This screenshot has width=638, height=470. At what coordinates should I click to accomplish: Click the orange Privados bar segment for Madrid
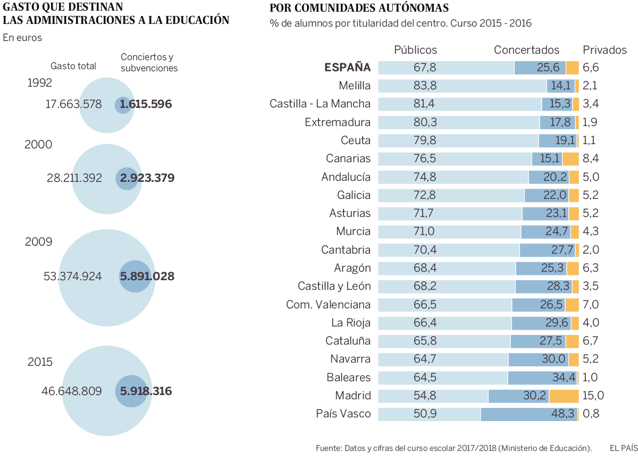[x=564, y=396]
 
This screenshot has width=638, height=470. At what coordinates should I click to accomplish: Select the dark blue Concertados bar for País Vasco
[x=529, y=414]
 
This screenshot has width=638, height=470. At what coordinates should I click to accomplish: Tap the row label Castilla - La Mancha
[x=320, y=104]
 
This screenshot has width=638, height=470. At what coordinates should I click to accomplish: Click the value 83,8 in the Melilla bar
[x=424, y=86]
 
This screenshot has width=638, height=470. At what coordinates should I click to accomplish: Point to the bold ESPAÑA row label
[x=347, y=68]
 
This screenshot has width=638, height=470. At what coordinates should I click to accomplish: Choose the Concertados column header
[x=526, y=50]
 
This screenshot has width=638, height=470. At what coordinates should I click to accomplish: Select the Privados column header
[x=605, y=50]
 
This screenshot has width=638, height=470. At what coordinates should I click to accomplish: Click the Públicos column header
[x=415, y=50]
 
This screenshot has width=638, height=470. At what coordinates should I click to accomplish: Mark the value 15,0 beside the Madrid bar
[x=593, y=396]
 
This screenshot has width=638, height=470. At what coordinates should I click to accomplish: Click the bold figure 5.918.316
[x=146, y=391]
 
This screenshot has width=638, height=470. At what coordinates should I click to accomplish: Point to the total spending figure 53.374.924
[x=72, y=276]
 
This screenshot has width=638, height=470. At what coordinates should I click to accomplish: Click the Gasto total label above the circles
[x=73, y=66]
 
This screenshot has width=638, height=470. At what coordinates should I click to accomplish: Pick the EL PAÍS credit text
[x=623, y=448]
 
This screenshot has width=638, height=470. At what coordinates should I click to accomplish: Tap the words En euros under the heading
[x=22, y=38]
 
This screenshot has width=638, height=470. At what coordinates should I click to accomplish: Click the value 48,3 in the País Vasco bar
[x=564, y=414]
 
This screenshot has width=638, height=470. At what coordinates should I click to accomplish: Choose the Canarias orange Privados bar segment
[x=570, y=158]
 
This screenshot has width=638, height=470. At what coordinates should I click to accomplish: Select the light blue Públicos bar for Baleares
[x=443, y=377]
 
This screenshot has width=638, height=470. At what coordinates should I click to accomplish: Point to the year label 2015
[x=40, y=362]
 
